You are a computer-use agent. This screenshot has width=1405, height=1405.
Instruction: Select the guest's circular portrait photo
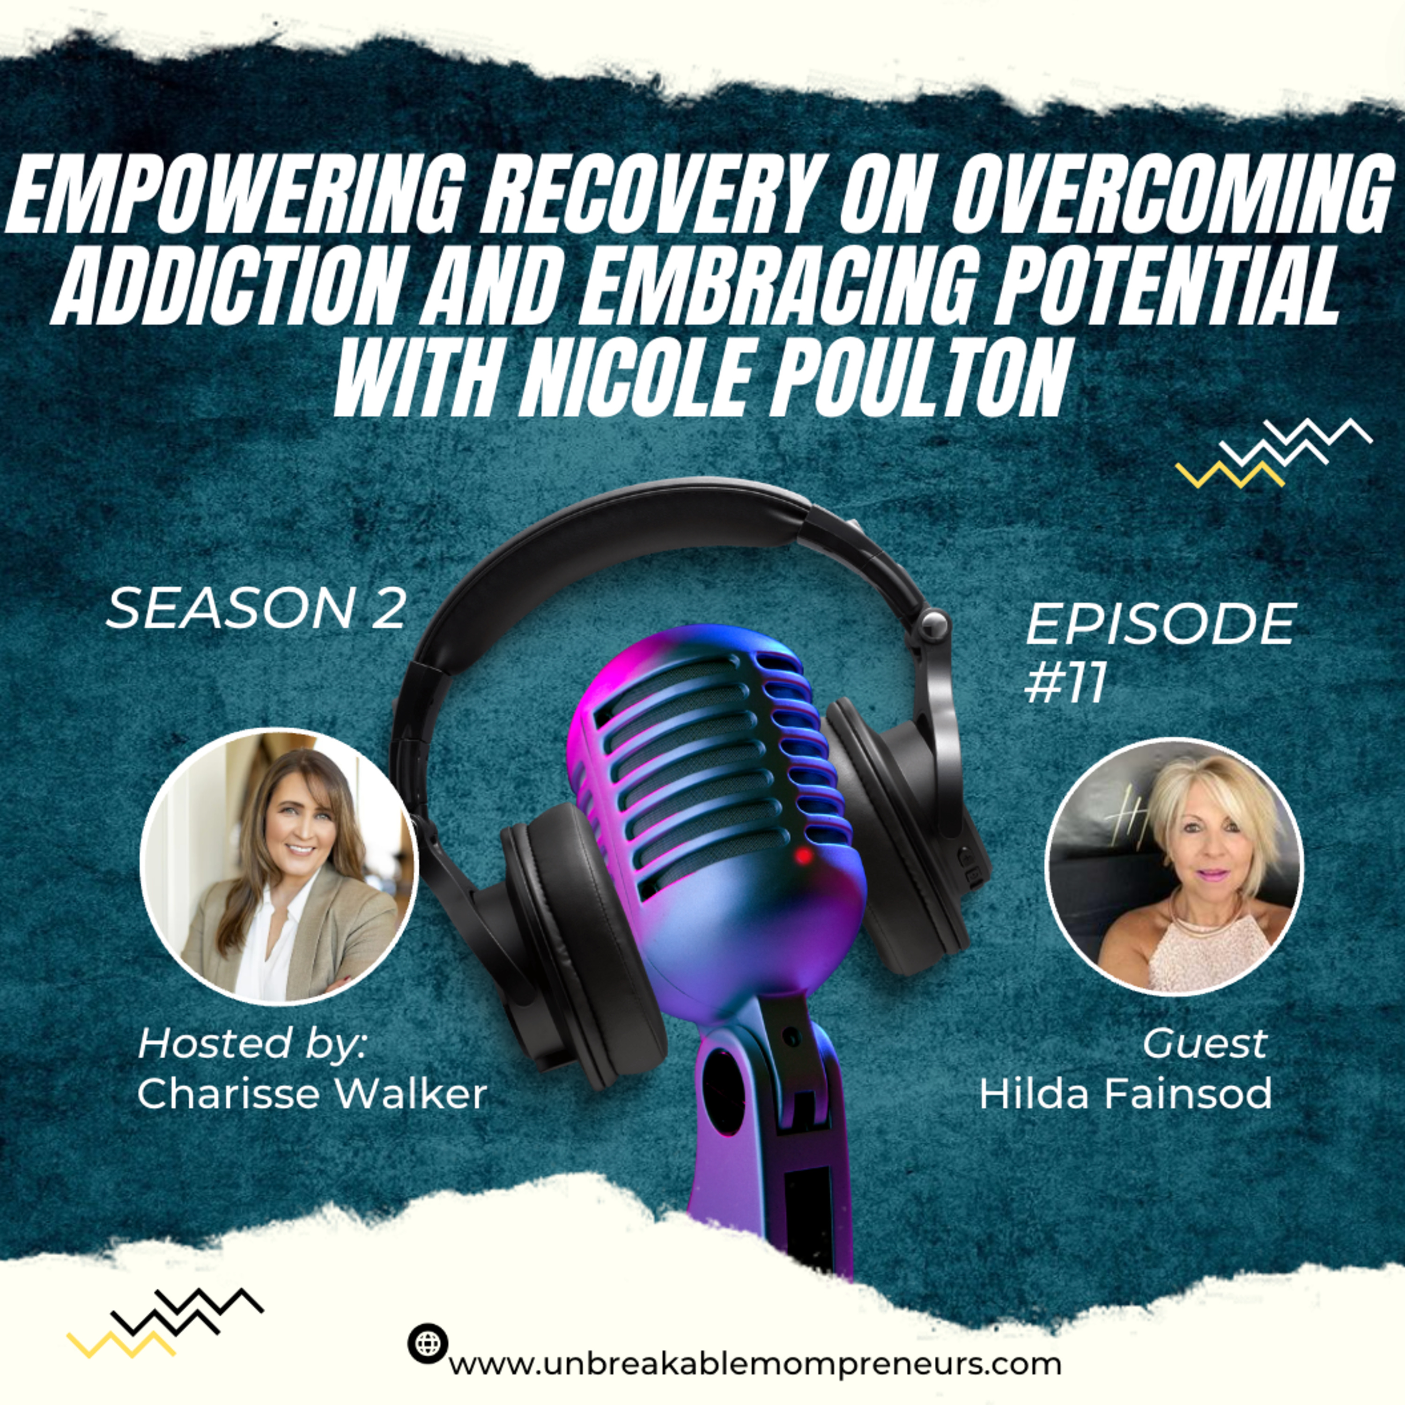(1174, 867)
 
